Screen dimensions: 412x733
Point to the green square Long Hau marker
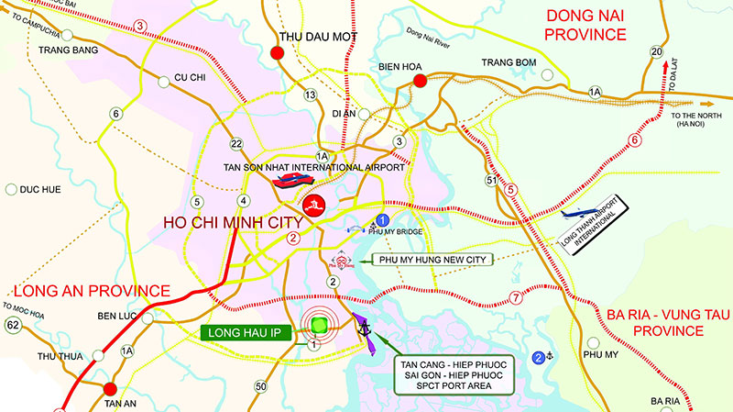coord(319,326)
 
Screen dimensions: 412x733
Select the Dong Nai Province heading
coord(586,26)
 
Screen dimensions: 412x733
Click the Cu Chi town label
coord(190,78)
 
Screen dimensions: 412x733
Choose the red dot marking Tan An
coord(110,389)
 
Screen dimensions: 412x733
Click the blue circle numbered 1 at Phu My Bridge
coord(384,220)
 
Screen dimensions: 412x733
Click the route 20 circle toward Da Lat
coord(656,51)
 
